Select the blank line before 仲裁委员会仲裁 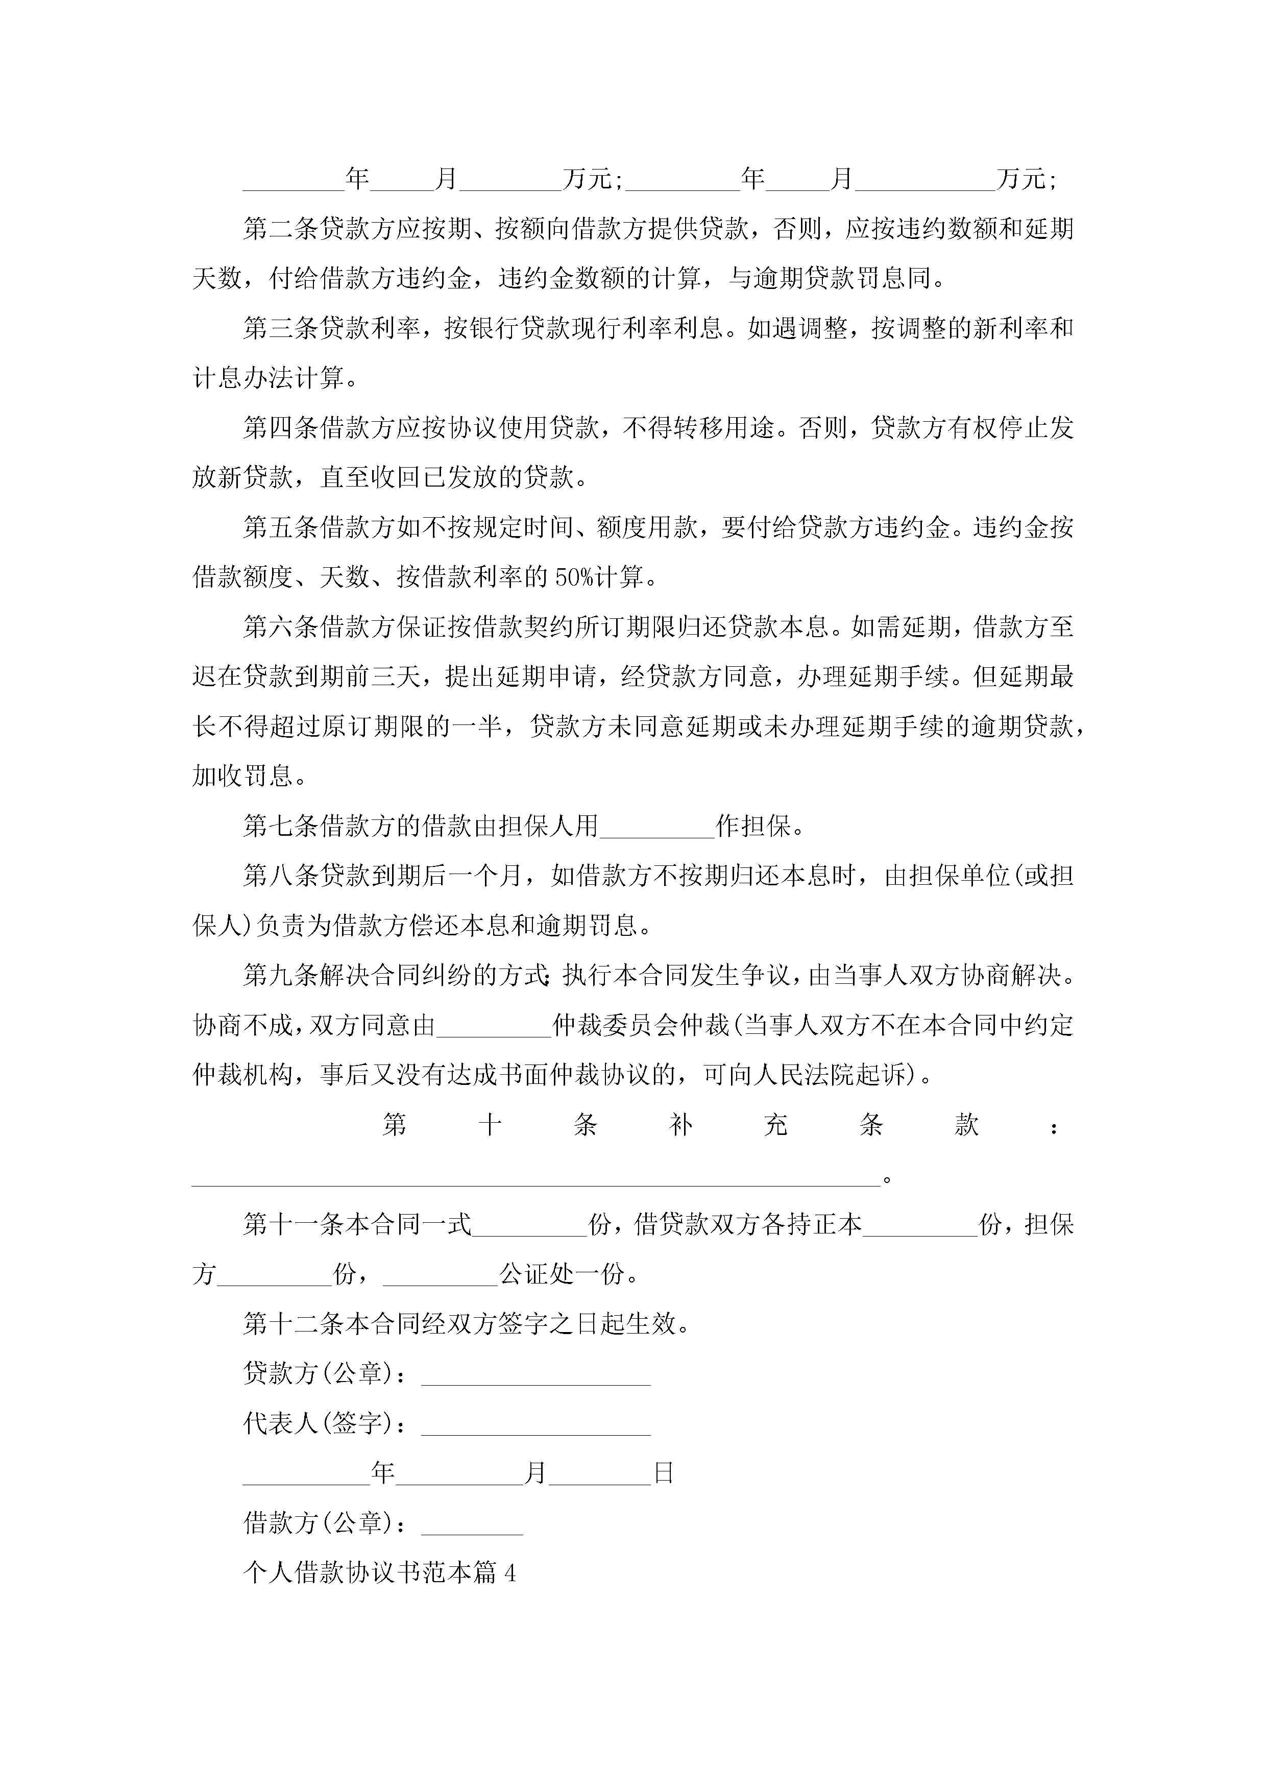click(x=494, y=1027)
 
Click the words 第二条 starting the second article click(x=281, y=229)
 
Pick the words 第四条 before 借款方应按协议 click(x=281, y=428)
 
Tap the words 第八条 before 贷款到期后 click(x=281, y=877)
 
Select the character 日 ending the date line click(x=664, y=1473)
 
